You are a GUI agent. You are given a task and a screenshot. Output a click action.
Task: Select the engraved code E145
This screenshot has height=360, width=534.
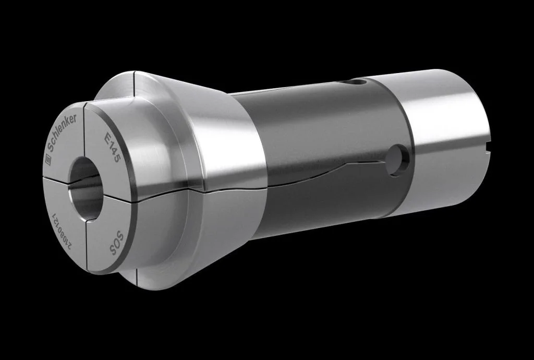pyautogui.click(x=112, y=149)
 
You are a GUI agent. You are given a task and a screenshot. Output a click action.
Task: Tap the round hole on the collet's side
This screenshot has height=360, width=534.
pyautogui.click(x=399, y=156)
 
